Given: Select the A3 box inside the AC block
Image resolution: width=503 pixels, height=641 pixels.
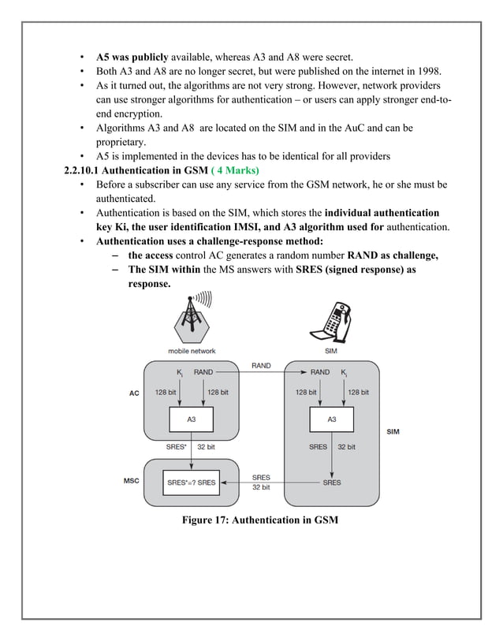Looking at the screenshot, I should [x=192, y=419].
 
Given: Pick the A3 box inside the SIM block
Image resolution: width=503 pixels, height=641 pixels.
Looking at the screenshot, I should [x=332, y=419].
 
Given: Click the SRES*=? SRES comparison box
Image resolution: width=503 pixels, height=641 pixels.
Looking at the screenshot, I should [x=192, y=482].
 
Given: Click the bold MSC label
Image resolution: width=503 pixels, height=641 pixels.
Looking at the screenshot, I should [x=131, y=479].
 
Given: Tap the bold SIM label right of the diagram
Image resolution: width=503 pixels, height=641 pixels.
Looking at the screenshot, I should [x=392, y=432].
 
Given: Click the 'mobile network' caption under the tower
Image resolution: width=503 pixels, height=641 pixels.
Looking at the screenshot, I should [x=192, y=351].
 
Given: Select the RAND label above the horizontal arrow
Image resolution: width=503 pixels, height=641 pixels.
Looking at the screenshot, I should [x=261, y=365].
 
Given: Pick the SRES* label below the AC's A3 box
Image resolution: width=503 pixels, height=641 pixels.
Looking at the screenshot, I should [x=176, y=446].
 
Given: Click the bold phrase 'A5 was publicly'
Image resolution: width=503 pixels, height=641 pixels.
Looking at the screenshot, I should [x=132, y=57].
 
